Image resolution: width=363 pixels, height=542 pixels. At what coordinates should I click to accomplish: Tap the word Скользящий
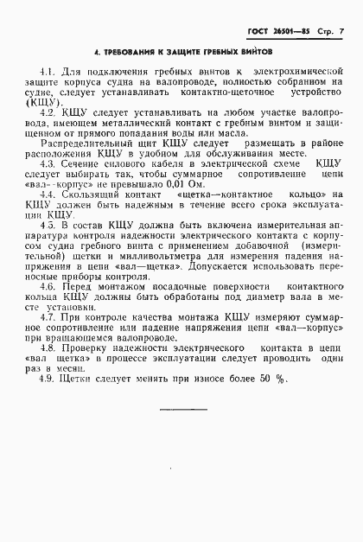(95, 196)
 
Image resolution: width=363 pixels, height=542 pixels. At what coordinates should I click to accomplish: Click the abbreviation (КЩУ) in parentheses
(54, 102)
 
